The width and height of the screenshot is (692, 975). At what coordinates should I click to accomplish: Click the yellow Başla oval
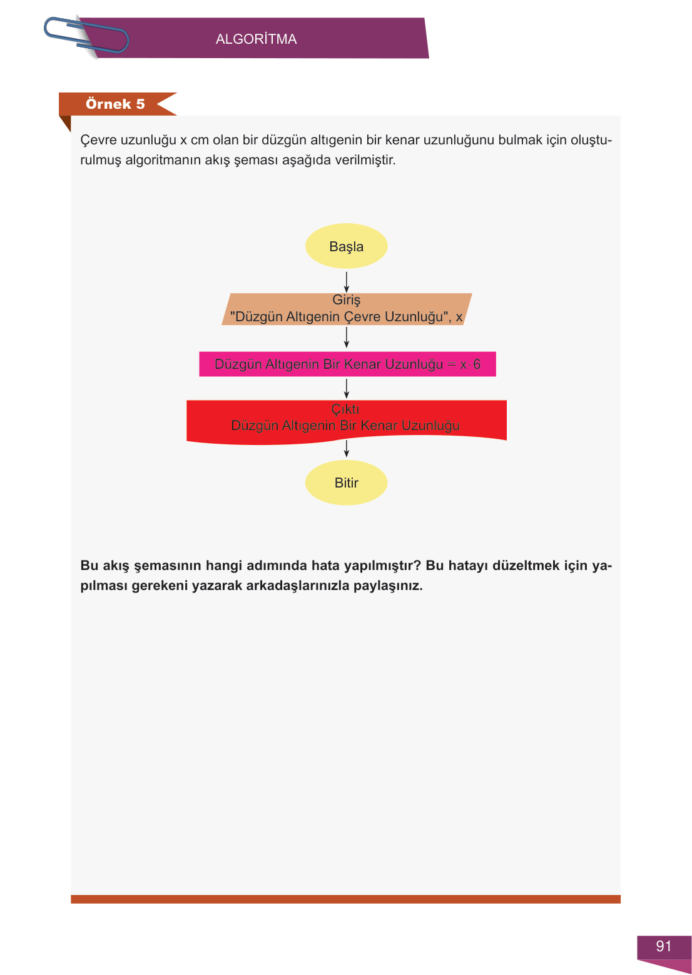point(346,246)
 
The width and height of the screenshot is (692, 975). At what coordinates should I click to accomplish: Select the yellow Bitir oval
point(346,482)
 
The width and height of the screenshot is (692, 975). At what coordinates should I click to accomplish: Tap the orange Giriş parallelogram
point(346,309)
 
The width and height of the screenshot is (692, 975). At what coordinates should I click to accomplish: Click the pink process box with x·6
point(347,364)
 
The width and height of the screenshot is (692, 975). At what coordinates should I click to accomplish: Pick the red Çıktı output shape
point(346,421)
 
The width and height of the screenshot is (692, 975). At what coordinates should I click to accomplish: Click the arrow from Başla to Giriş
point(346,281)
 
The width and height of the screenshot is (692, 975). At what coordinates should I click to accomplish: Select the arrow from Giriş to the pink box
point(346,337)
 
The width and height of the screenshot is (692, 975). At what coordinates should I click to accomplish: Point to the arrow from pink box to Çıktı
point(346,388)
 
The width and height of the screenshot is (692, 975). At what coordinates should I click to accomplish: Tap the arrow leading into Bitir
point(346,448)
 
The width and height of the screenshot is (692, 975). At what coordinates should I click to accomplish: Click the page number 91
point(664,946)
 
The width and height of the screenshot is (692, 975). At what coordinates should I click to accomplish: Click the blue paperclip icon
point(86,35)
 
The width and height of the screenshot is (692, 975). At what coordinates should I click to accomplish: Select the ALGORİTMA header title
point(256,39)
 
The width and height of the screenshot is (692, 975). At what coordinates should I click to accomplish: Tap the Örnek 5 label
point(116,104)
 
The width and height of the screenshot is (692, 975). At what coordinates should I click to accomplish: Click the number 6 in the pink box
point(477,364)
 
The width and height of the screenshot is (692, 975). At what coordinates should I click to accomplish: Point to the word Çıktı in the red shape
point(345,409)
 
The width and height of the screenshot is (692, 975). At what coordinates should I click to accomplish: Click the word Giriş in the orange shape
point(346,300)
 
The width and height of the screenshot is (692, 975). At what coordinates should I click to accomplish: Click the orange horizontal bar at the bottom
point(345,899)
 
